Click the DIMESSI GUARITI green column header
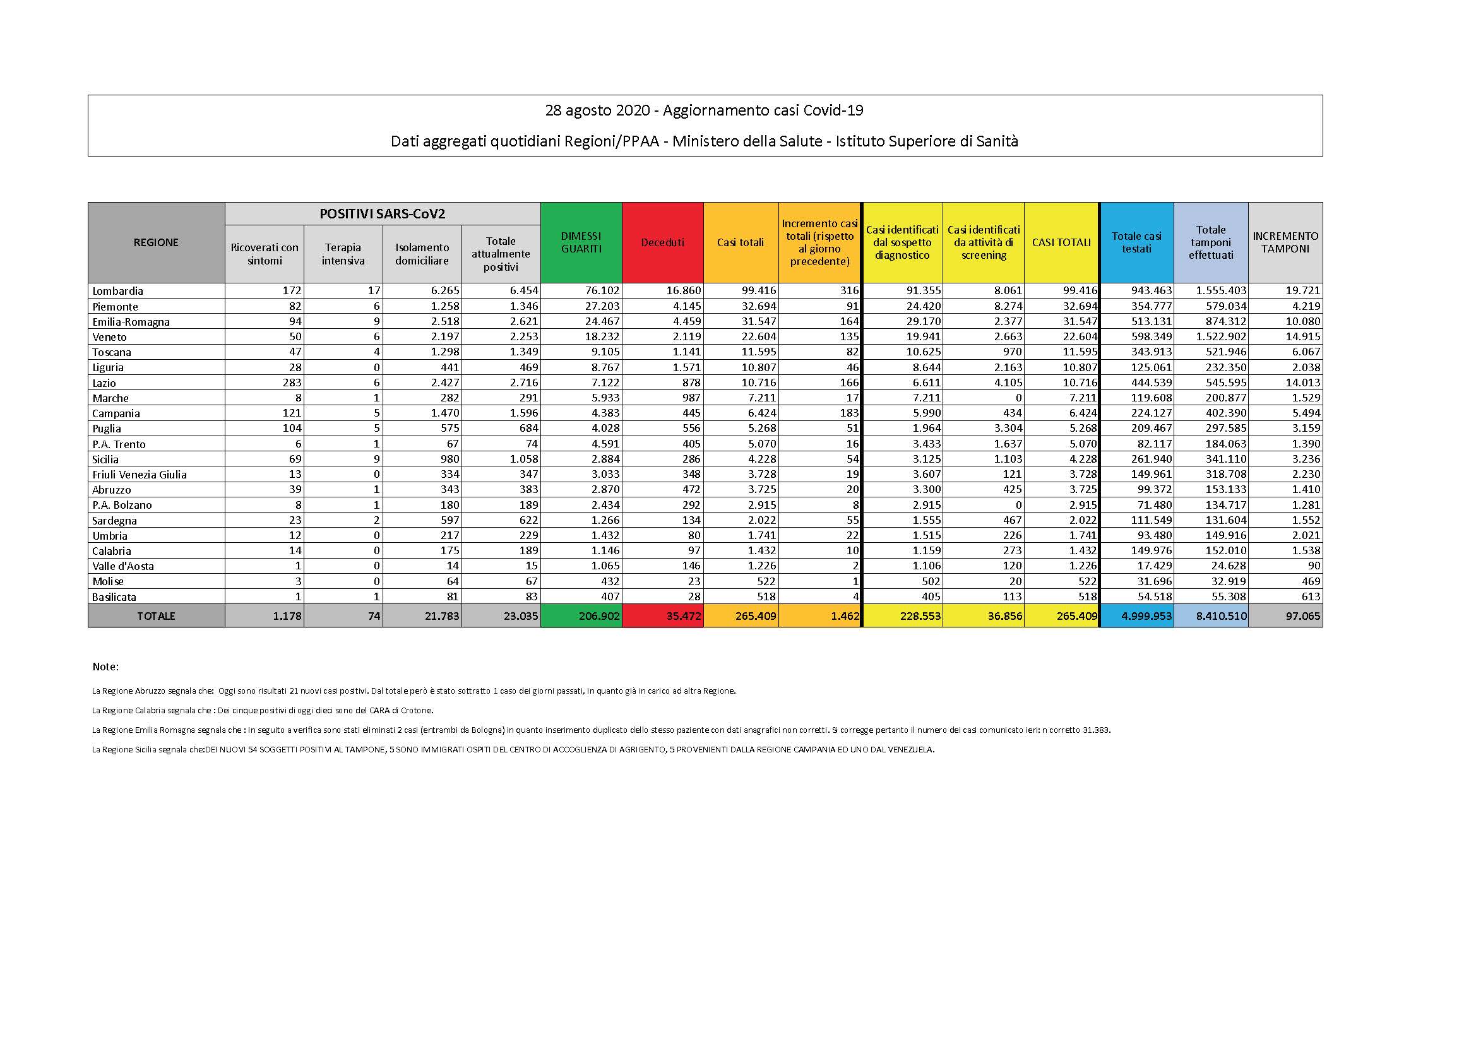[581, 242]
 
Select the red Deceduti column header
[662, 242]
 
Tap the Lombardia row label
[117, 290]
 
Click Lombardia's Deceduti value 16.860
[679, 290]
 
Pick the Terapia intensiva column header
[343, 254]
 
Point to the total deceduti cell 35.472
[679, 616]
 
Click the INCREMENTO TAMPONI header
[1285, 242]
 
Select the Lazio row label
[104, 383]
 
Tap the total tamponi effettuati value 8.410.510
[1221, 616]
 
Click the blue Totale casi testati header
[1136, 242]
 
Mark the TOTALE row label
[155, 616]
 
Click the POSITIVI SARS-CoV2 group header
[382, 214]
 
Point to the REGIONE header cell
[155, 242]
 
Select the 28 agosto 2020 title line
[704, 110]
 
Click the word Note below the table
[105, 667]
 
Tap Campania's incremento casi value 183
[849, 413]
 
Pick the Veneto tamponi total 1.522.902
[1221, 337]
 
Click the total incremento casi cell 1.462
[843, 616]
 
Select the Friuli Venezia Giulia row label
[140, 475]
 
